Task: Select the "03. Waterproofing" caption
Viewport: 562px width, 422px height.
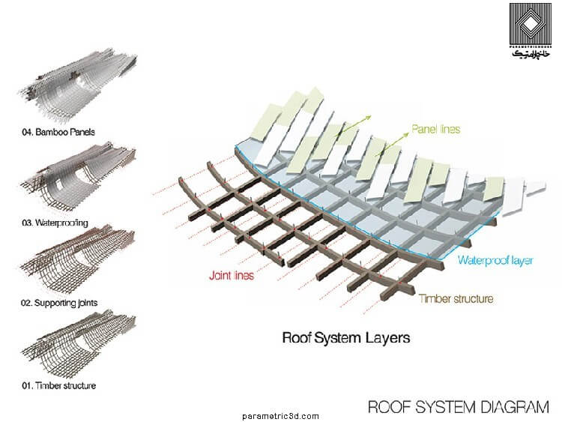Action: pyautogui.click(x=56, y=223)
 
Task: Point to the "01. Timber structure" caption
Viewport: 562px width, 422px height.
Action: pyautogui.click(x=58, y=386)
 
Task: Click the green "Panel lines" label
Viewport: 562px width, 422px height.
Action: pyautogui.click(x=435, y=129)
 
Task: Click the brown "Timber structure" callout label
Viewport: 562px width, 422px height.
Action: pyautogui.click(x=456, y=299)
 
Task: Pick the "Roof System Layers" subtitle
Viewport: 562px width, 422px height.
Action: pyautogui.click(x=345, y=337)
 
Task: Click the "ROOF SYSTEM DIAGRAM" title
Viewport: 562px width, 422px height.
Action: pyautogui.click(x=458, y=407)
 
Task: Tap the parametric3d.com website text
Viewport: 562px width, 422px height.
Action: pyautogui.click(x=281, y=416)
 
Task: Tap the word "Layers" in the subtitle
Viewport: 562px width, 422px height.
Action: pyautogui.click(x=387, y=337)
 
